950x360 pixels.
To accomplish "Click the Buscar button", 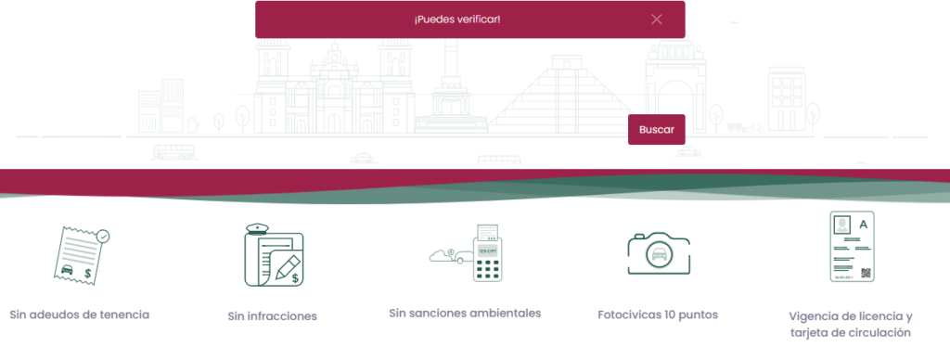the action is click(x=656, y=130).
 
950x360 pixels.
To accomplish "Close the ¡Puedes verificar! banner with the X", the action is click(x=656, y=19).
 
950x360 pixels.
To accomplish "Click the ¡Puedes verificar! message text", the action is click(x=457, y=19).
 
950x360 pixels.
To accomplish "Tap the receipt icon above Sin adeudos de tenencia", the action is click(x=82, y=254).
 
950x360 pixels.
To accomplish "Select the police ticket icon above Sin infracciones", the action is click(x=274, y=255).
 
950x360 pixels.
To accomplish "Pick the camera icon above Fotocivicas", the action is click(x=659, y=253).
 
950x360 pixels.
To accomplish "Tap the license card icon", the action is click(x=852, y=247).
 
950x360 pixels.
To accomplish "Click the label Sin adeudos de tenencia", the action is click(x=80, y=315).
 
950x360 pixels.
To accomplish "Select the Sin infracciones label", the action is click(x=272, y=315).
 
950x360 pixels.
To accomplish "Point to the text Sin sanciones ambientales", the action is click(x=465, y=314).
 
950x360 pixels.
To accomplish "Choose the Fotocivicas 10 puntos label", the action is click(x=658, y=315).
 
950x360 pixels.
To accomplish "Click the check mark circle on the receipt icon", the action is click(x=104, y=236).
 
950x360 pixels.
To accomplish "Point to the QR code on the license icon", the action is click(x=866, y=274).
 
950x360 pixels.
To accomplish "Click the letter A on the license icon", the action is click(x=864, y=225).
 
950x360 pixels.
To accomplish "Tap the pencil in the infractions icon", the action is click(x=288, y=267).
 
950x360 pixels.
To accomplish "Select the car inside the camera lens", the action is click(x=659, y=254).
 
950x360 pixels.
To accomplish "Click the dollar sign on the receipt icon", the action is click(x=88, y=274).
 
